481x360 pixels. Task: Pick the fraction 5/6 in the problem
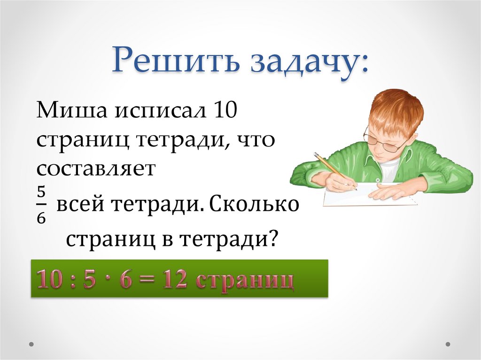[x=41, y=205]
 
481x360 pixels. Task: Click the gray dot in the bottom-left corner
[x=31, y=344]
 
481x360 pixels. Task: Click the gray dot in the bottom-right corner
[x=448, y=344]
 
